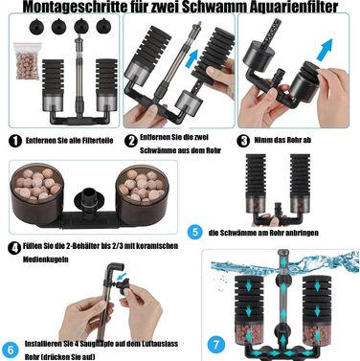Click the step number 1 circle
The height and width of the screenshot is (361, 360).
point(15,141)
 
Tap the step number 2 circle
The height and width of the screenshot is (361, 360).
point(130,141)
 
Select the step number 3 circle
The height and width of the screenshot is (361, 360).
point(243,141)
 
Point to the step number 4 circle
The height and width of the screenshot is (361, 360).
point(14,248)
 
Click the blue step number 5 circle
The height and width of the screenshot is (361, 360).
point(195,232)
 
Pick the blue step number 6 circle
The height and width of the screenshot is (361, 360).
point(11,350)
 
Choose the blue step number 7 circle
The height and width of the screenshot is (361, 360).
point(216,345)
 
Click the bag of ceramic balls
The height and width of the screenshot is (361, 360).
point(28,61)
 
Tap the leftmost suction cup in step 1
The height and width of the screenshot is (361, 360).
point(35,26)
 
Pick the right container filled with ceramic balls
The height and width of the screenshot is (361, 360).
point(142,194)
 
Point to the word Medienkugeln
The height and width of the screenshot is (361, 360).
point(46,259)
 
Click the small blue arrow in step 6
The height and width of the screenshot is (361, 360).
point(122,276)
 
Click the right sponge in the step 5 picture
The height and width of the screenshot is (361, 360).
point(300,174)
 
